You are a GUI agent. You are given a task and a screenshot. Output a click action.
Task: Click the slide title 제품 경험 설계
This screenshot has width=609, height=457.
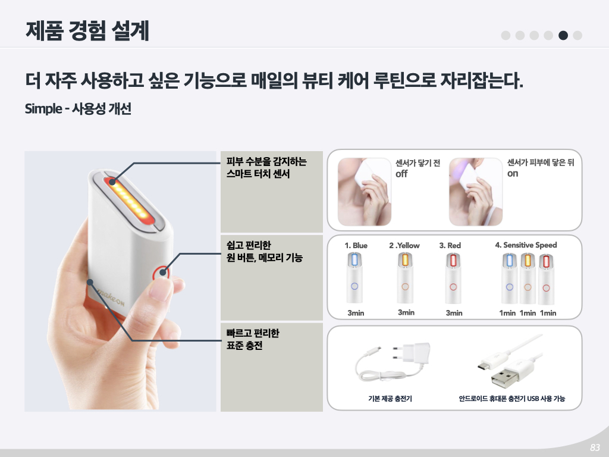click(87, 31)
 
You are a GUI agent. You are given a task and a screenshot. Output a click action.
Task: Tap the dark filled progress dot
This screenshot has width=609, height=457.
click(563, 35)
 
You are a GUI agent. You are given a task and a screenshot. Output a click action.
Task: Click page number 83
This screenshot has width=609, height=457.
click(595, 447)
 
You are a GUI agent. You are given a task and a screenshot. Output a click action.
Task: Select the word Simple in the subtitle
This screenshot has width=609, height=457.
click(43, 109)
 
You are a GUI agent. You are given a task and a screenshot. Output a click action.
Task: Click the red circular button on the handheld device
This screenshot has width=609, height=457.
click(161, 273)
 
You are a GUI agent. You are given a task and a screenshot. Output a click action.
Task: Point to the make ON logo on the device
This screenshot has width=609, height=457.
click(111, 297)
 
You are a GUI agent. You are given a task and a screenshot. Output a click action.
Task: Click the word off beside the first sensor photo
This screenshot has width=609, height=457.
click(401, 174)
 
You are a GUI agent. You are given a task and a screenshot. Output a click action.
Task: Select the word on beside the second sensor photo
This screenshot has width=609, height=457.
click(513, 174)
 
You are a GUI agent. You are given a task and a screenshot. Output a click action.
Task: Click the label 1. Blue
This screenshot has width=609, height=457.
click(356, 246)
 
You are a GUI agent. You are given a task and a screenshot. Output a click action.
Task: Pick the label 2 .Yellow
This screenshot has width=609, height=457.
click(404, 246)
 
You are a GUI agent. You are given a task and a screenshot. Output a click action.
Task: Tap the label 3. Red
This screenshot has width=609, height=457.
click(450, 246)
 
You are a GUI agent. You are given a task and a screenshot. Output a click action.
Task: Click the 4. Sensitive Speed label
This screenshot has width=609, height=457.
click(526, 245)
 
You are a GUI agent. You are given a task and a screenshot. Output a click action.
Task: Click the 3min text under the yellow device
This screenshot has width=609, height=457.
click(406, 312)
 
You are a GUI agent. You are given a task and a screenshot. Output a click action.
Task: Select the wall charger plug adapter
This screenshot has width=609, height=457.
click(413, 353)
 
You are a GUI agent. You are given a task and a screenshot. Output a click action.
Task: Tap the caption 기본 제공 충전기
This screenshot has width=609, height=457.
click(390, 398)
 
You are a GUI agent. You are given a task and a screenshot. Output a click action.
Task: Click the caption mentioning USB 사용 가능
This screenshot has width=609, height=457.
click(511, 398)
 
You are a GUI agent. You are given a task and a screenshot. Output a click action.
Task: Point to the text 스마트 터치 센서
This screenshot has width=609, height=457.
click(258, 174)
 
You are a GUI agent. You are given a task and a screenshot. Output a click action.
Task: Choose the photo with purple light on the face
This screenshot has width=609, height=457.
click(476, 192)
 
